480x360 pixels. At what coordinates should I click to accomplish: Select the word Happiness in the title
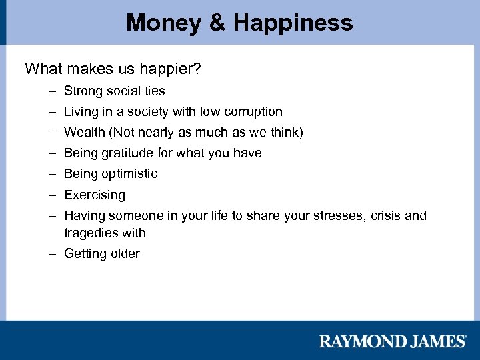pyautogui.click(x=293, y=23)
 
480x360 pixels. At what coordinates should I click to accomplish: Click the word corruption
pyautogui.click(x=253, y=111)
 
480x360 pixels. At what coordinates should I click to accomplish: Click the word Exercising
pyautogui.click(x=95, y=195)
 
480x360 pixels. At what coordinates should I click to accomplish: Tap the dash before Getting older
pyautogui.click(x=51, y=253)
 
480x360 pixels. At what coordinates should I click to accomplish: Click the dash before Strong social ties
pyautogui.click(x=51, y=91)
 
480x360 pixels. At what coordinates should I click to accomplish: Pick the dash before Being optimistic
pyautogui.click(x=51, y=174)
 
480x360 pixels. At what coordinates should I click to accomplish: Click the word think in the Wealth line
pyautogui.click(x=285, y=132)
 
